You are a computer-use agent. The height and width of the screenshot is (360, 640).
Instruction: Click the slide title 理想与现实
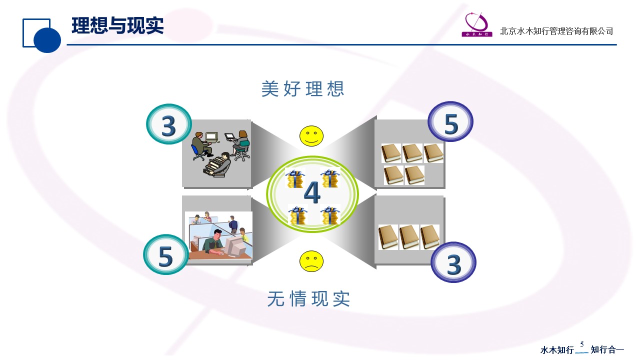[117, 25]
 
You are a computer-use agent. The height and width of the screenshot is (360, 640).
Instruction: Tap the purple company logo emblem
[477, 24]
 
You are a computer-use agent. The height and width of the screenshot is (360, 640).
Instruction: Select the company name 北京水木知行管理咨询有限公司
[556, 31]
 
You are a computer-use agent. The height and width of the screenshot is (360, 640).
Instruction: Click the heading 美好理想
[302, 89]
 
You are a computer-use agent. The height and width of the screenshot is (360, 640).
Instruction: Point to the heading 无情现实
[308, 299]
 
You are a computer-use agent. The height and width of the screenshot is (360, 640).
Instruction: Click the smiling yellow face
[311, 136]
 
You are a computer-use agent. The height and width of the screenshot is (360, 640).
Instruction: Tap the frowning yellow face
[311, 261]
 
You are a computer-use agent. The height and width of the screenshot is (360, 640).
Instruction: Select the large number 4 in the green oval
[312, 192]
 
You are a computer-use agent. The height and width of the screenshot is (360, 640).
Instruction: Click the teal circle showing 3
[169, 124]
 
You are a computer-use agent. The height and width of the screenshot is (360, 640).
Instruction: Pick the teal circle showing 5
[166, 254]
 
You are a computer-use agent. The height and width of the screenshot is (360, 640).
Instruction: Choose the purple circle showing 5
[450, 121]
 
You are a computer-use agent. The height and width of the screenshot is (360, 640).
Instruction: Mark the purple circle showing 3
[453, 262]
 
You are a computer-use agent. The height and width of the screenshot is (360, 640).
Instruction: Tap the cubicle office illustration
[219, 235]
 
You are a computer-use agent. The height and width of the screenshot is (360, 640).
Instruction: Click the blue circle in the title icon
[47, 39]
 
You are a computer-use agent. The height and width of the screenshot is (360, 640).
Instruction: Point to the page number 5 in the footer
[581, 344]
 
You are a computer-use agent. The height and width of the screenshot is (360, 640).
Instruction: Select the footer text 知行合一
[607, 349]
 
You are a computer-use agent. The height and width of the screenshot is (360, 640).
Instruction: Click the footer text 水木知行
[557, 349]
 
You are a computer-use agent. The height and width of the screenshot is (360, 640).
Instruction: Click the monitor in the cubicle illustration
[234, 246]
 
